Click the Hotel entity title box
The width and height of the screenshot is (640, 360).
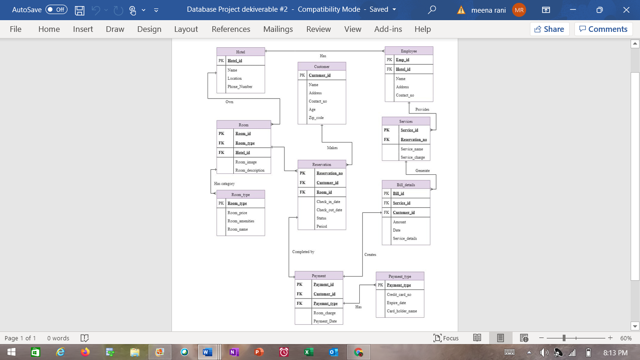click(240, 52)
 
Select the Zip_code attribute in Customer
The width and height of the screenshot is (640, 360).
click(316, 118)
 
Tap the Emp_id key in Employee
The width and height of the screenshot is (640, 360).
click(402, 60)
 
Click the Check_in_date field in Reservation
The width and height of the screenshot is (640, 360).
click(328, 202)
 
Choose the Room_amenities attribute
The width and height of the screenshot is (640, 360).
click(241, 221)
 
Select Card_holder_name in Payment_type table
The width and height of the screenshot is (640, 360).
click(402, 311)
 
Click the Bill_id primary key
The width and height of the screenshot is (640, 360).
click(399, 194)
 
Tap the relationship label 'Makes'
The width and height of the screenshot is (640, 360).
click(332, 148)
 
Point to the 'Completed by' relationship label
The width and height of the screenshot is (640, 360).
click(303, 252)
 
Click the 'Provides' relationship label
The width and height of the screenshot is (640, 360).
click(422, 110)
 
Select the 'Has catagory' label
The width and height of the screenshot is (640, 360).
click(224, 184)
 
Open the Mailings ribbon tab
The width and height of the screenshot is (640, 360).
click(278, 29)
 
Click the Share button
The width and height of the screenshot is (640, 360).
click(550, 29)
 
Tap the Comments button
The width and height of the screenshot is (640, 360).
click(603, 29)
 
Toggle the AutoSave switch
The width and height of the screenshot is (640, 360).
click(56, 9)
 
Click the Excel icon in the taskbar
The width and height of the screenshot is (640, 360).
click(308, 352)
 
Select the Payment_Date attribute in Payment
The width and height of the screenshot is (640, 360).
click(325, 321)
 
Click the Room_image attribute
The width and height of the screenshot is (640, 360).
click(246, 162)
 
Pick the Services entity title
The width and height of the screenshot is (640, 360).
click(406, 121)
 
